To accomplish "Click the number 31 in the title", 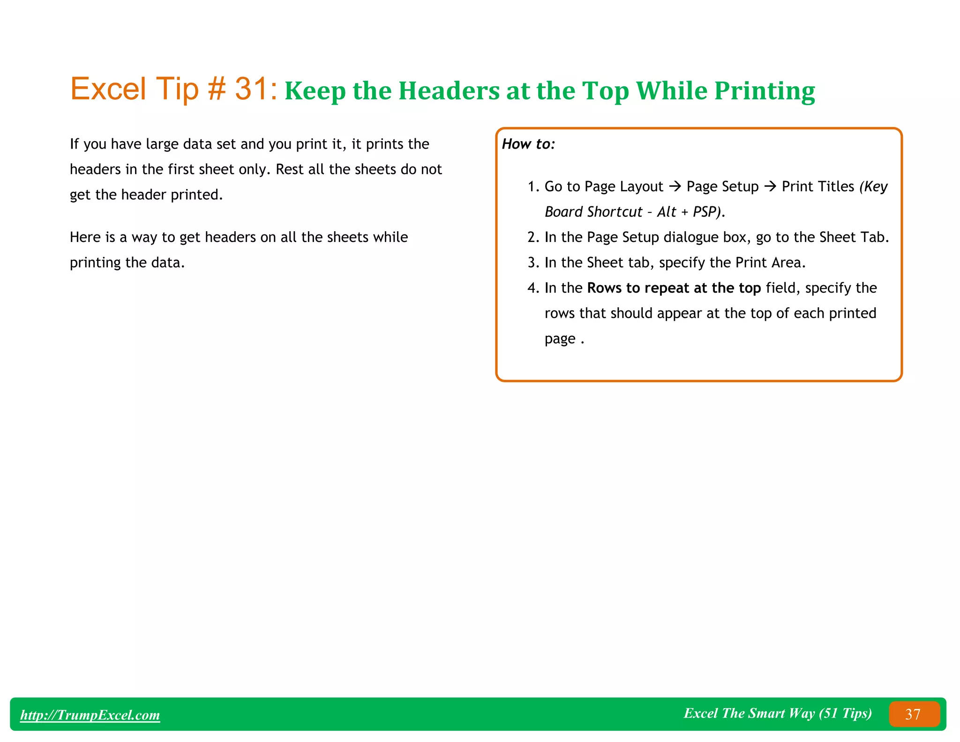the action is tap(251, 89).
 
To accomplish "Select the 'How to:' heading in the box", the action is tap(528, 144).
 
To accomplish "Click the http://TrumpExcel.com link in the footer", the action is tap(90, 715).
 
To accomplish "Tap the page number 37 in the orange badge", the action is tap(913, 714).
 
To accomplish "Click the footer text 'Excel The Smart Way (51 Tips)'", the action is tap(777, 713).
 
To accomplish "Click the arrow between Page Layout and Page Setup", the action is tap(675, 187).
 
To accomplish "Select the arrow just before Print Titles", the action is tap(770, 187).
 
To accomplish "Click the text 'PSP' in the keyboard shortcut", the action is tap(705, 212).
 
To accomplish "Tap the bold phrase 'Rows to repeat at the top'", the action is tap(674, 288).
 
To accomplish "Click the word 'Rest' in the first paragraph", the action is tap(290, 169).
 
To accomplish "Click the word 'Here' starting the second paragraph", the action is tap(85, 237).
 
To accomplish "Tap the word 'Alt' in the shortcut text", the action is tap(666, 212).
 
